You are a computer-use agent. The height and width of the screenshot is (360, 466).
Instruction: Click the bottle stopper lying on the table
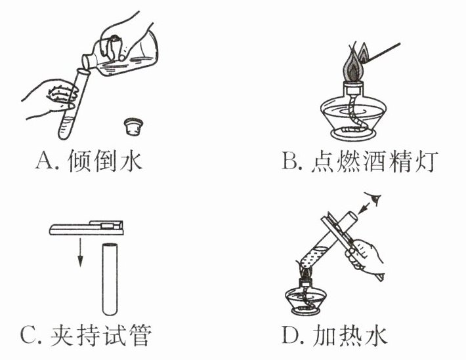[133, 127]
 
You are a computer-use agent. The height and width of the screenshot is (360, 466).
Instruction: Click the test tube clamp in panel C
[86, 228]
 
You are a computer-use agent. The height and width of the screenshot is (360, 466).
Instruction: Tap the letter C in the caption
[29, 335]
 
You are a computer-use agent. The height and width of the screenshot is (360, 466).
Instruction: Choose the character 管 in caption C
[140, 335]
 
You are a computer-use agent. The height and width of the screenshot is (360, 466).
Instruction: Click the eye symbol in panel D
[375, 198]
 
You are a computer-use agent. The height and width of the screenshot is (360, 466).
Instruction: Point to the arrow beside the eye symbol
[364, 208]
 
